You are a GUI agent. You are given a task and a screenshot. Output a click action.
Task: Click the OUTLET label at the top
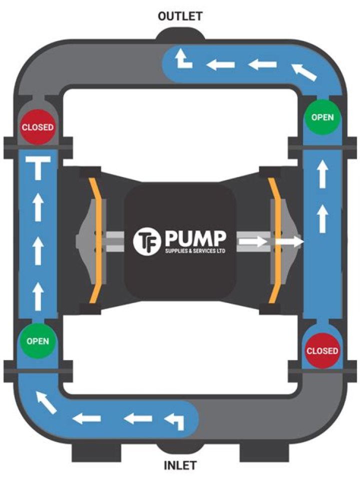tap(180, 16)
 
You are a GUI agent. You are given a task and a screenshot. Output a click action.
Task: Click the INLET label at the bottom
tap(180, 465)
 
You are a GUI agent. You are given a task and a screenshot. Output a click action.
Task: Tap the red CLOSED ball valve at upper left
tap(37, 126)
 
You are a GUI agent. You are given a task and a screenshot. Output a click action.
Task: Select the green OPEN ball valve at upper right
tap(322, 117)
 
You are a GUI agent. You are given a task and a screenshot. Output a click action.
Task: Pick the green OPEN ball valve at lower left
tap(37, 340)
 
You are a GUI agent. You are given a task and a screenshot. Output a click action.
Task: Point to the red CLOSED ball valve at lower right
tap(322, 350)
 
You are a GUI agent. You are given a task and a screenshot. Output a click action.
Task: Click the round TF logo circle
tap(147, 241)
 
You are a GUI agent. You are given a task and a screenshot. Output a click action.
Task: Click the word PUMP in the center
tap(196, 239)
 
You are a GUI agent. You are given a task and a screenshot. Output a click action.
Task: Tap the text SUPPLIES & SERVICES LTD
tap(195, 251)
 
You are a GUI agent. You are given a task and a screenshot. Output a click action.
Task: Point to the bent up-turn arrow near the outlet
tap(183, 60)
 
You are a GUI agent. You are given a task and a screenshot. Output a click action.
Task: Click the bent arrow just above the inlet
tap(175, 421)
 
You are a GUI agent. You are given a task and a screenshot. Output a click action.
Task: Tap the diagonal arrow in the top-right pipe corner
tap(303, 72)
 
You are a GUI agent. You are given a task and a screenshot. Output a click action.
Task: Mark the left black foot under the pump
tap(96, 452)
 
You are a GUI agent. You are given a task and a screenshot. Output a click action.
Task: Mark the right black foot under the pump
tap(264, 452)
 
